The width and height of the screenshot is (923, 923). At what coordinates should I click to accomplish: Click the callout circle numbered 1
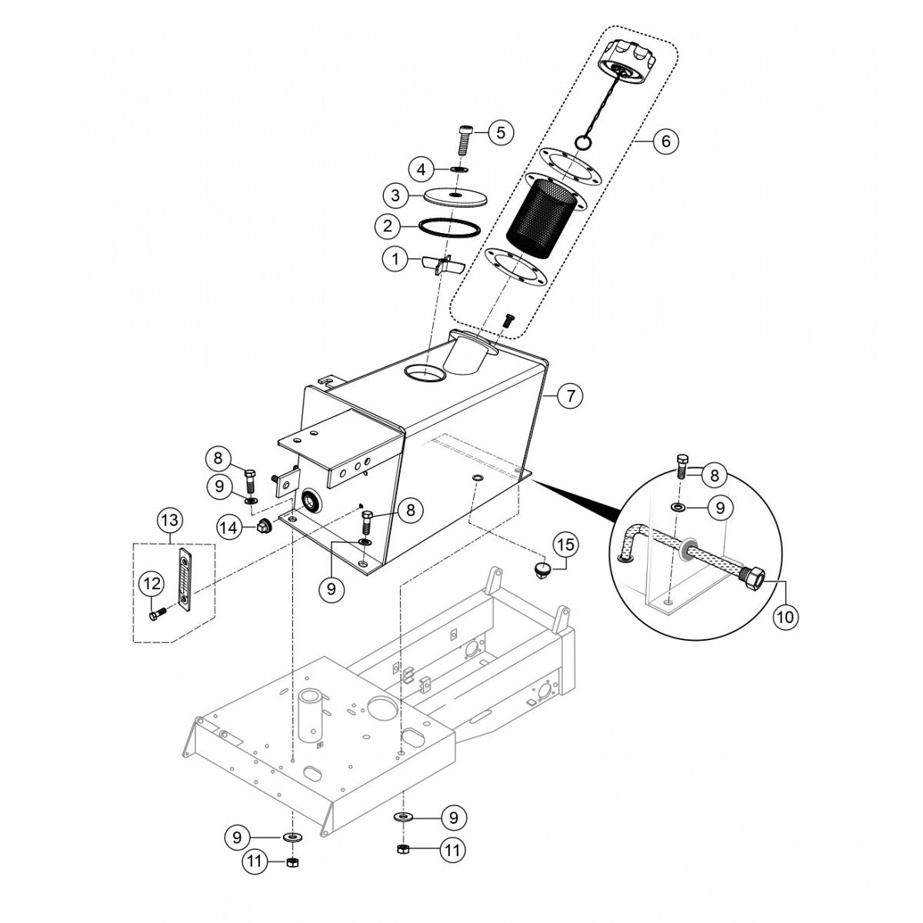click(397, 260)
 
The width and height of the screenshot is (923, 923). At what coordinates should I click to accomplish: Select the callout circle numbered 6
click(665, 141)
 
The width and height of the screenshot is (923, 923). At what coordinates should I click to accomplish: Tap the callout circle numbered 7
click(569, 396)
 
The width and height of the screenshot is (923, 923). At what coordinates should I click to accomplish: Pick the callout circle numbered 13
click(171, 520)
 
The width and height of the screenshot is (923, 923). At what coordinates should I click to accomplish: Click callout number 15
click(565, 545)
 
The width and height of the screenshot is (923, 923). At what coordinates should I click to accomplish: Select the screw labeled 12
click(157, 615)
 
